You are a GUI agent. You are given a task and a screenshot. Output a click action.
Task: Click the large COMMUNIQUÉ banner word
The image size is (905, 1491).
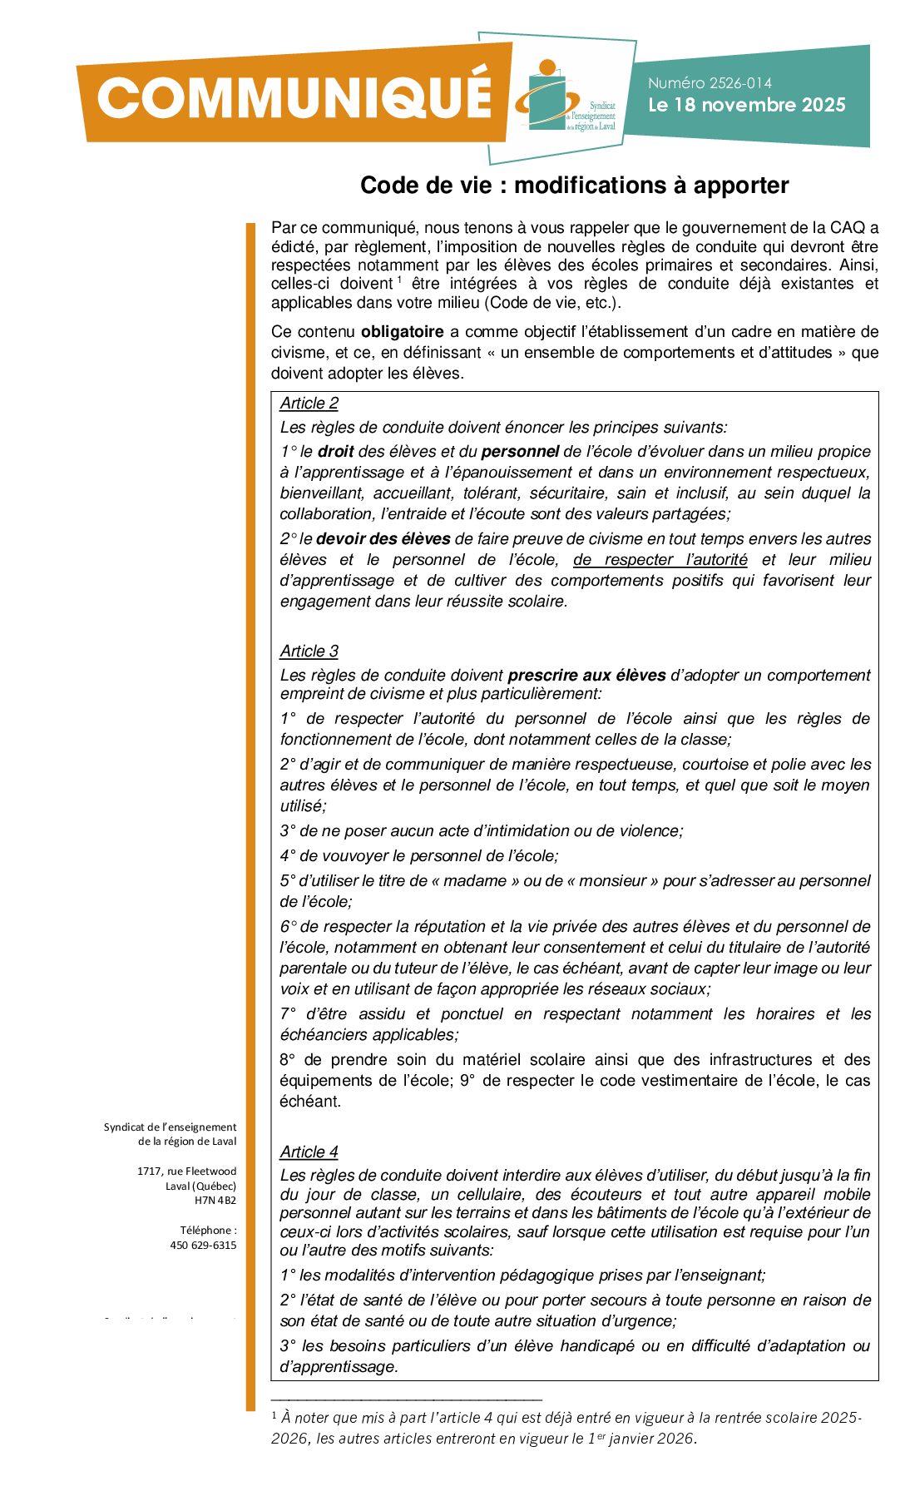coord(294,97)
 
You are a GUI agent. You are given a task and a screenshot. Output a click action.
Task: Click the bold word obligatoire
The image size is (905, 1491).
coord(402,332)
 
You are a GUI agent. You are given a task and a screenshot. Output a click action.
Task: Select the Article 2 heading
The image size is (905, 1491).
coord(309,404)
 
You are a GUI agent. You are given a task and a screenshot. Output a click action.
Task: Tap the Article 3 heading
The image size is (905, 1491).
coord(309,651)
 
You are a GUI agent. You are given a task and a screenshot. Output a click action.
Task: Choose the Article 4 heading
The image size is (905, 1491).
coord(309,1152)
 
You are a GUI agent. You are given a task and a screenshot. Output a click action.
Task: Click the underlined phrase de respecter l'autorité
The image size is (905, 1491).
coord(660,560)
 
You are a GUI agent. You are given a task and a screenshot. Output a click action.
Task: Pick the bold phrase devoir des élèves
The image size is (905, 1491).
coord(383,539)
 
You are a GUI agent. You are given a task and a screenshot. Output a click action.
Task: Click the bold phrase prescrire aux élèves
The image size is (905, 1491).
coord(586,676)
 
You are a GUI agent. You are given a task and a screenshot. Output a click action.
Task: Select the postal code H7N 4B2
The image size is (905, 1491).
coord(215,1201)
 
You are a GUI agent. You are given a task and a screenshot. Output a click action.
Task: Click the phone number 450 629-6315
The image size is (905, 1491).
coord(203,1246)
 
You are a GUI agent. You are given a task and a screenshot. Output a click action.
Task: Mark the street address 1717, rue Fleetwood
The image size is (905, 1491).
coord(186,1171)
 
